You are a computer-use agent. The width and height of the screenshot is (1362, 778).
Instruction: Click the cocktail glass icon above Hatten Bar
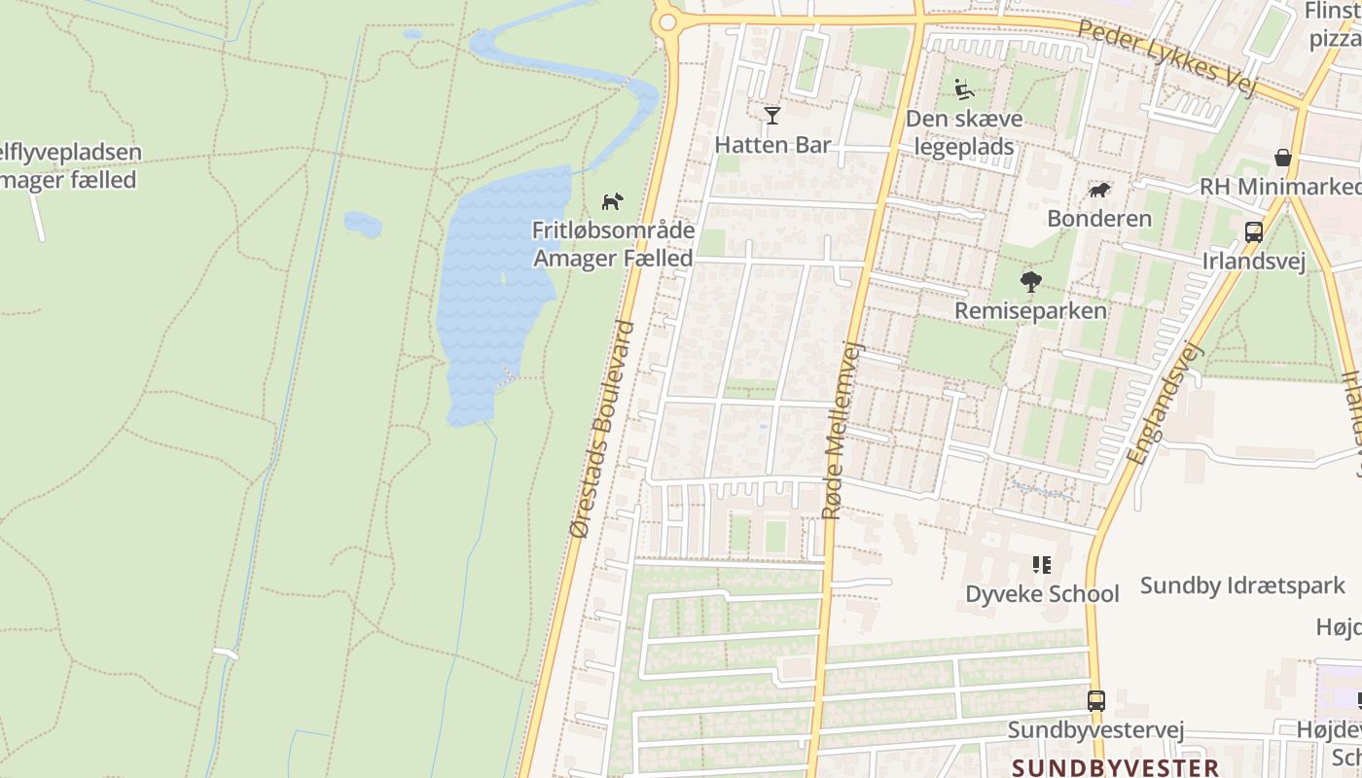(772, 116)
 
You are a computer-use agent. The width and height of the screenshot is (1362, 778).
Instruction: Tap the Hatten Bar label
(772, 145)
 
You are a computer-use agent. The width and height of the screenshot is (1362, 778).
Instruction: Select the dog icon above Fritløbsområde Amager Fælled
(612, 201)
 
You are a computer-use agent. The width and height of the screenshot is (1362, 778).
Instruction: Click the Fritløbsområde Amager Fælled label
(613, 244)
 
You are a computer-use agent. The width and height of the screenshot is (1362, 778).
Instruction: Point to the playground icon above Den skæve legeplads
(964, 89)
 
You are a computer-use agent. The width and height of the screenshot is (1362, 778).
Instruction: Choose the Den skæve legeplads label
(964, 133)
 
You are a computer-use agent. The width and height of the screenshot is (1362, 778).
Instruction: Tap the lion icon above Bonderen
(1099, 190)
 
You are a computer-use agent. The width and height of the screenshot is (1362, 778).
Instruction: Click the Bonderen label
(1099, 218)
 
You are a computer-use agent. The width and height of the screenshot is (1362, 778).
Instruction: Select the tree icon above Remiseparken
(1031, 282)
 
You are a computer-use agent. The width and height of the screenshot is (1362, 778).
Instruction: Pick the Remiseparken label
(1031, 311)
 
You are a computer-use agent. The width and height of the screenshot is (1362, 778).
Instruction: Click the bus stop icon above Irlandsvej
(1254, 232)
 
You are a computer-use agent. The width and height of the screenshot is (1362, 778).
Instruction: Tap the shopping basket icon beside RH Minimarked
(1283, 158)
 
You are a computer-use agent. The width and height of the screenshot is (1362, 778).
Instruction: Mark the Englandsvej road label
(1165, 402)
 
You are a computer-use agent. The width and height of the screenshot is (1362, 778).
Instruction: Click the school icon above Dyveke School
(1042, 565)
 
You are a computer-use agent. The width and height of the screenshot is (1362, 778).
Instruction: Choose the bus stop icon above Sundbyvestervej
(1095, 700)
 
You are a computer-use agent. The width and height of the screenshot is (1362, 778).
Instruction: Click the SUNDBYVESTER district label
(1115, 767)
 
